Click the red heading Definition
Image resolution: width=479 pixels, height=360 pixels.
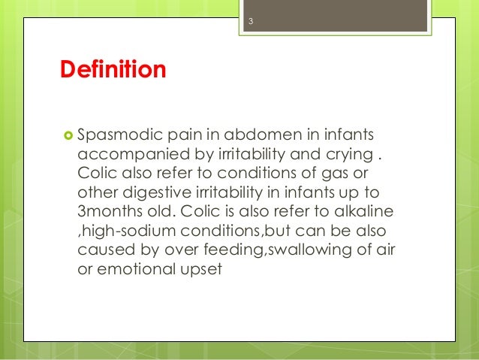tap(113, 71)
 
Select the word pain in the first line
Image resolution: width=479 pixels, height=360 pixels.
tap(182, 136)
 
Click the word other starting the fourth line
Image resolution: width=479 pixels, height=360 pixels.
tap(98, 192)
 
